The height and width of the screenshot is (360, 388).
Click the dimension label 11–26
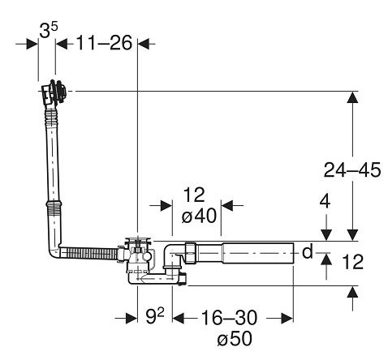point(104,43)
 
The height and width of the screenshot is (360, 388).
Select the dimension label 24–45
point(352,170)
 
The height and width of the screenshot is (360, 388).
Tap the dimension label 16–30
point(229,318)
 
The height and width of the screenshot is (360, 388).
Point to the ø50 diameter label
point(235,338)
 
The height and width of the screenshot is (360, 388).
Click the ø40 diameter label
point(199,216)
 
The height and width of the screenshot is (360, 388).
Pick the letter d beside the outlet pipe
point(308,251)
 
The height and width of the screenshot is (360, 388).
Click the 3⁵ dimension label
point(49,30)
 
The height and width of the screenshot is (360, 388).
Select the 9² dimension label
point(155,315)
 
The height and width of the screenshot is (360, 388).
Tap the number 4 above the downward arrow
point(325,202)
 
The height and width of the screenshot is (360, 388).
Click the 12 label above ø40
point(194,195)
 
